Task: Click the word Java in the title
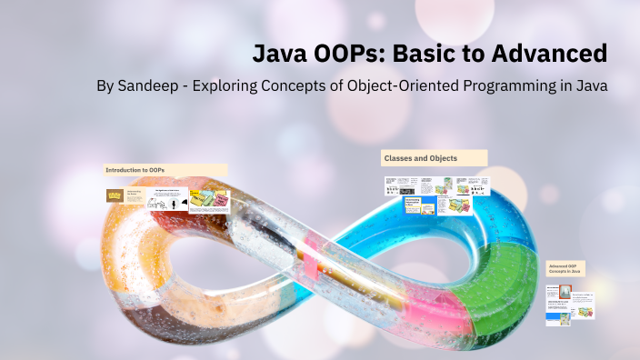pyautogui.click(x=280, y=54)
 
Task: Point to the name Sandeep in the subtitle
pyautogui.click(x=151, y=86)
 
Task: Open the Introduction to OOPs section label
pyautogui.click(x=136, y=170)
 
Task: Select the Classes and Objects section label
pyautogui.click(x=421, y=158)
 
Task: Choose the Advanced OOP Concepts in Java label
pyautogui.click(x=565, y=268)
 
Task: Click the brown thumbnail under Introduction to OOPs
pyautogui.click(x=115, y=195)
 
